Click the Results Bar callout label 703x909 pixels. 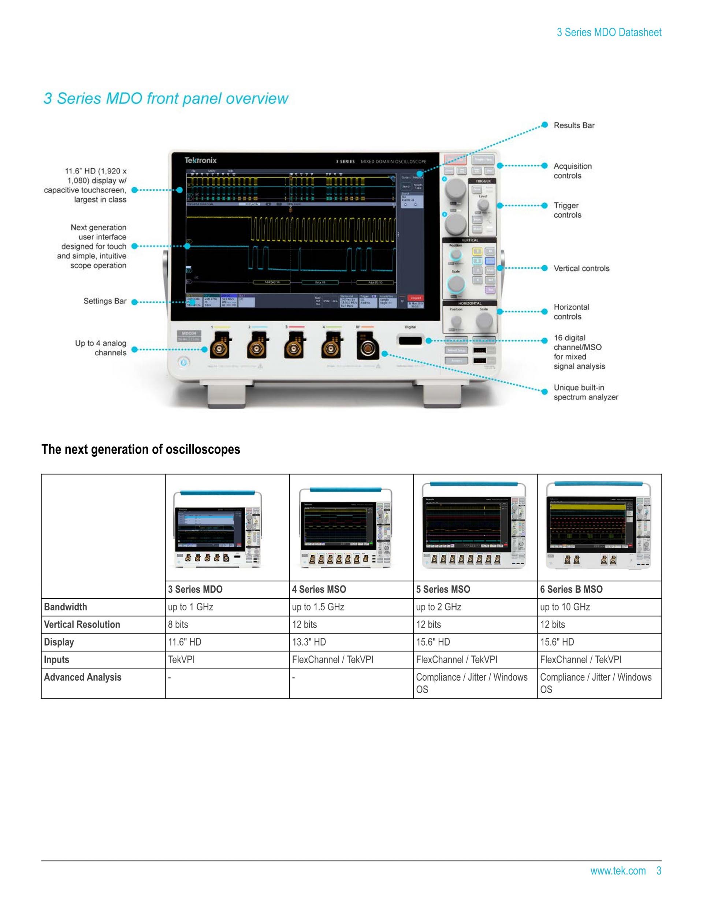(x=573, y=125)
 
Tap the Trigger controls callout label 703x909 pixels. (x=567, y=210)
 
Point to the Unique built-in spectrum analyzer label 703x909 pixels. (x=585, y=392)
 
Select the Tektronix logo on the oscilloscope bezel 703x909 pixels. (x=200, y=160)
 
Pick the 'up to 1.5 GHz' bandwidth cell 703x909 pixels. (x=318, y=607)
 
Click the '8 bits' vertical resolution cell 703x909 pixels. (x=178, y=624)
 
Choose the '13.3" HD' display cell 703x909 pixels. (x=309, y=642)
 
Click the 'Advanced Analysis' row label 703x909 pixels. (x=82, y=677)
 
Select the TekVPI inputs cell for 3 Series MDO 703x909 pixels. (x=181, y=660)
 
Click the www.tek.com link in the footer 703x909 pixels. (x=618, y=871)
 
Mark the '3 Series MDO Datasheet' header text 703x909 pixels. (x=609, y=33)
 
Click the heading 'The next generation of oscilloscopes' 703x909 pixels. (x=141, y=449)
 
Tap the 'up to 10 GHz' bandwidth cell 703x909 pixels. (x=565, y=607)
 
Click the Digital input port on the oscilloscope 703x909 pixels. (x=410, y=340)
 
